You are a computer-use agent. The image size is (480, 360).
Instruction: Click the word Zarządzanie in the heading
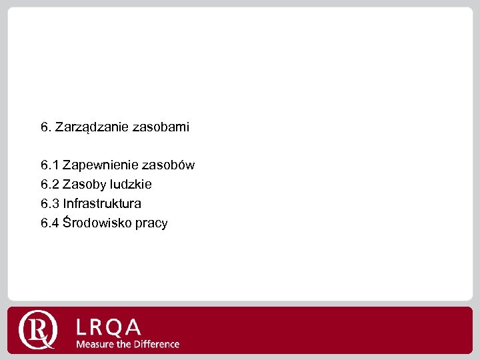click(89, 127)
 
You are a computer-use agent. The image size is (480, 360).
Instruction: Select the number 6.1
click(49, 165)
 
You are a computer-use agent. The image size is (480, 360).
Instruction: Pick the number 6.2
click(49, 184)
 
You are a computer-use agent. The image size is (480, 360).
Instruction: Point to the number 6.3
click(49, 203)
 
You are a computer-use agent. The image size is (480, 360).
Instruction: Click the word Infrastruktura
click(102, 203)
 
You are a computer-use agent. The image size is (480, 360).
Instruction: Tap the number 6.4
click(49, 223)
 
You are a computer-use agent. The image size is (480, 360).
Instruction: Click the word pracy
click(151, 223)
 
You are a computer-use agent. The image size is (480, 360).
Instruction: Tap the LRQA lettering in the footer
click(109, 327)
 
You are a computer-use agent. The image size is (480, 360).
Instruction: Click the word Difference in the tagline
click(155, 344)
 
